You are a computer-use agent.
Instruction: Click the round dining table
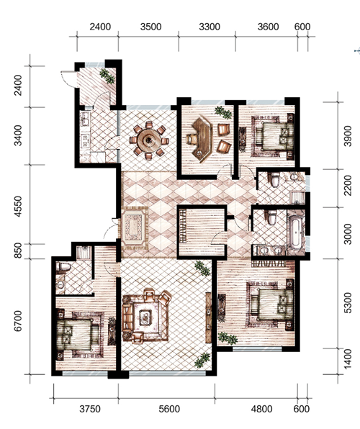(149, 140)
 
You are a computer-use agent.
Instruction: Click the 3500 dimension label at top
(151, 27)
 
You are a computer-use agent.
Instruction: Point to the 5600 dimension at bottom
(169, 409)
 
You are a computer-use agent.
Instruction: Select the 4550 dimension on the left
(18, 207)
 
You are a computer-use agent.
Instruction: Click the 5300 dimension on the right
(348, 302)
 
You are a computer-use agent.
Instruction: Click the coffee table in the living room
(145, 317)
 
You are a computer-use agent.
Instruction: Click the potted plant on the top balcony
(107, 76)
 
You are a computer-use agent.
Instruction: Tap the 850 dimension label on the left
(18, 250)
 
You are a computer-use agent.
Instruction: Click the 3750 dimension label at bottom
(90, 409)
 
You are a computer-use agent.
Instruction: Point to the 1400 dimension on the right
(348, 359)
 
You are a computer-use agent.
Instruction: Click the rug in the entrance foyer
(133, 228)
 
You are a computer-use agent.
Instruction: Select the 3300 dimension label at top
(210, 27)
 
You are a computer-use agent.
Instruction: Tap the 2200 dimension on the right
(348, 185)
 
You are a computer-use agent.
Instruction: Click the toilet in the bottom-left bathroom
(63, 266)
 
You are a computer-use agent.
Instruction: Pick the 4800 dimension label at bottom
(261, 409)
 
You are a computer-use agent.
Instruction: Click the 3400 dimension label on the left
(18, 135)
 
